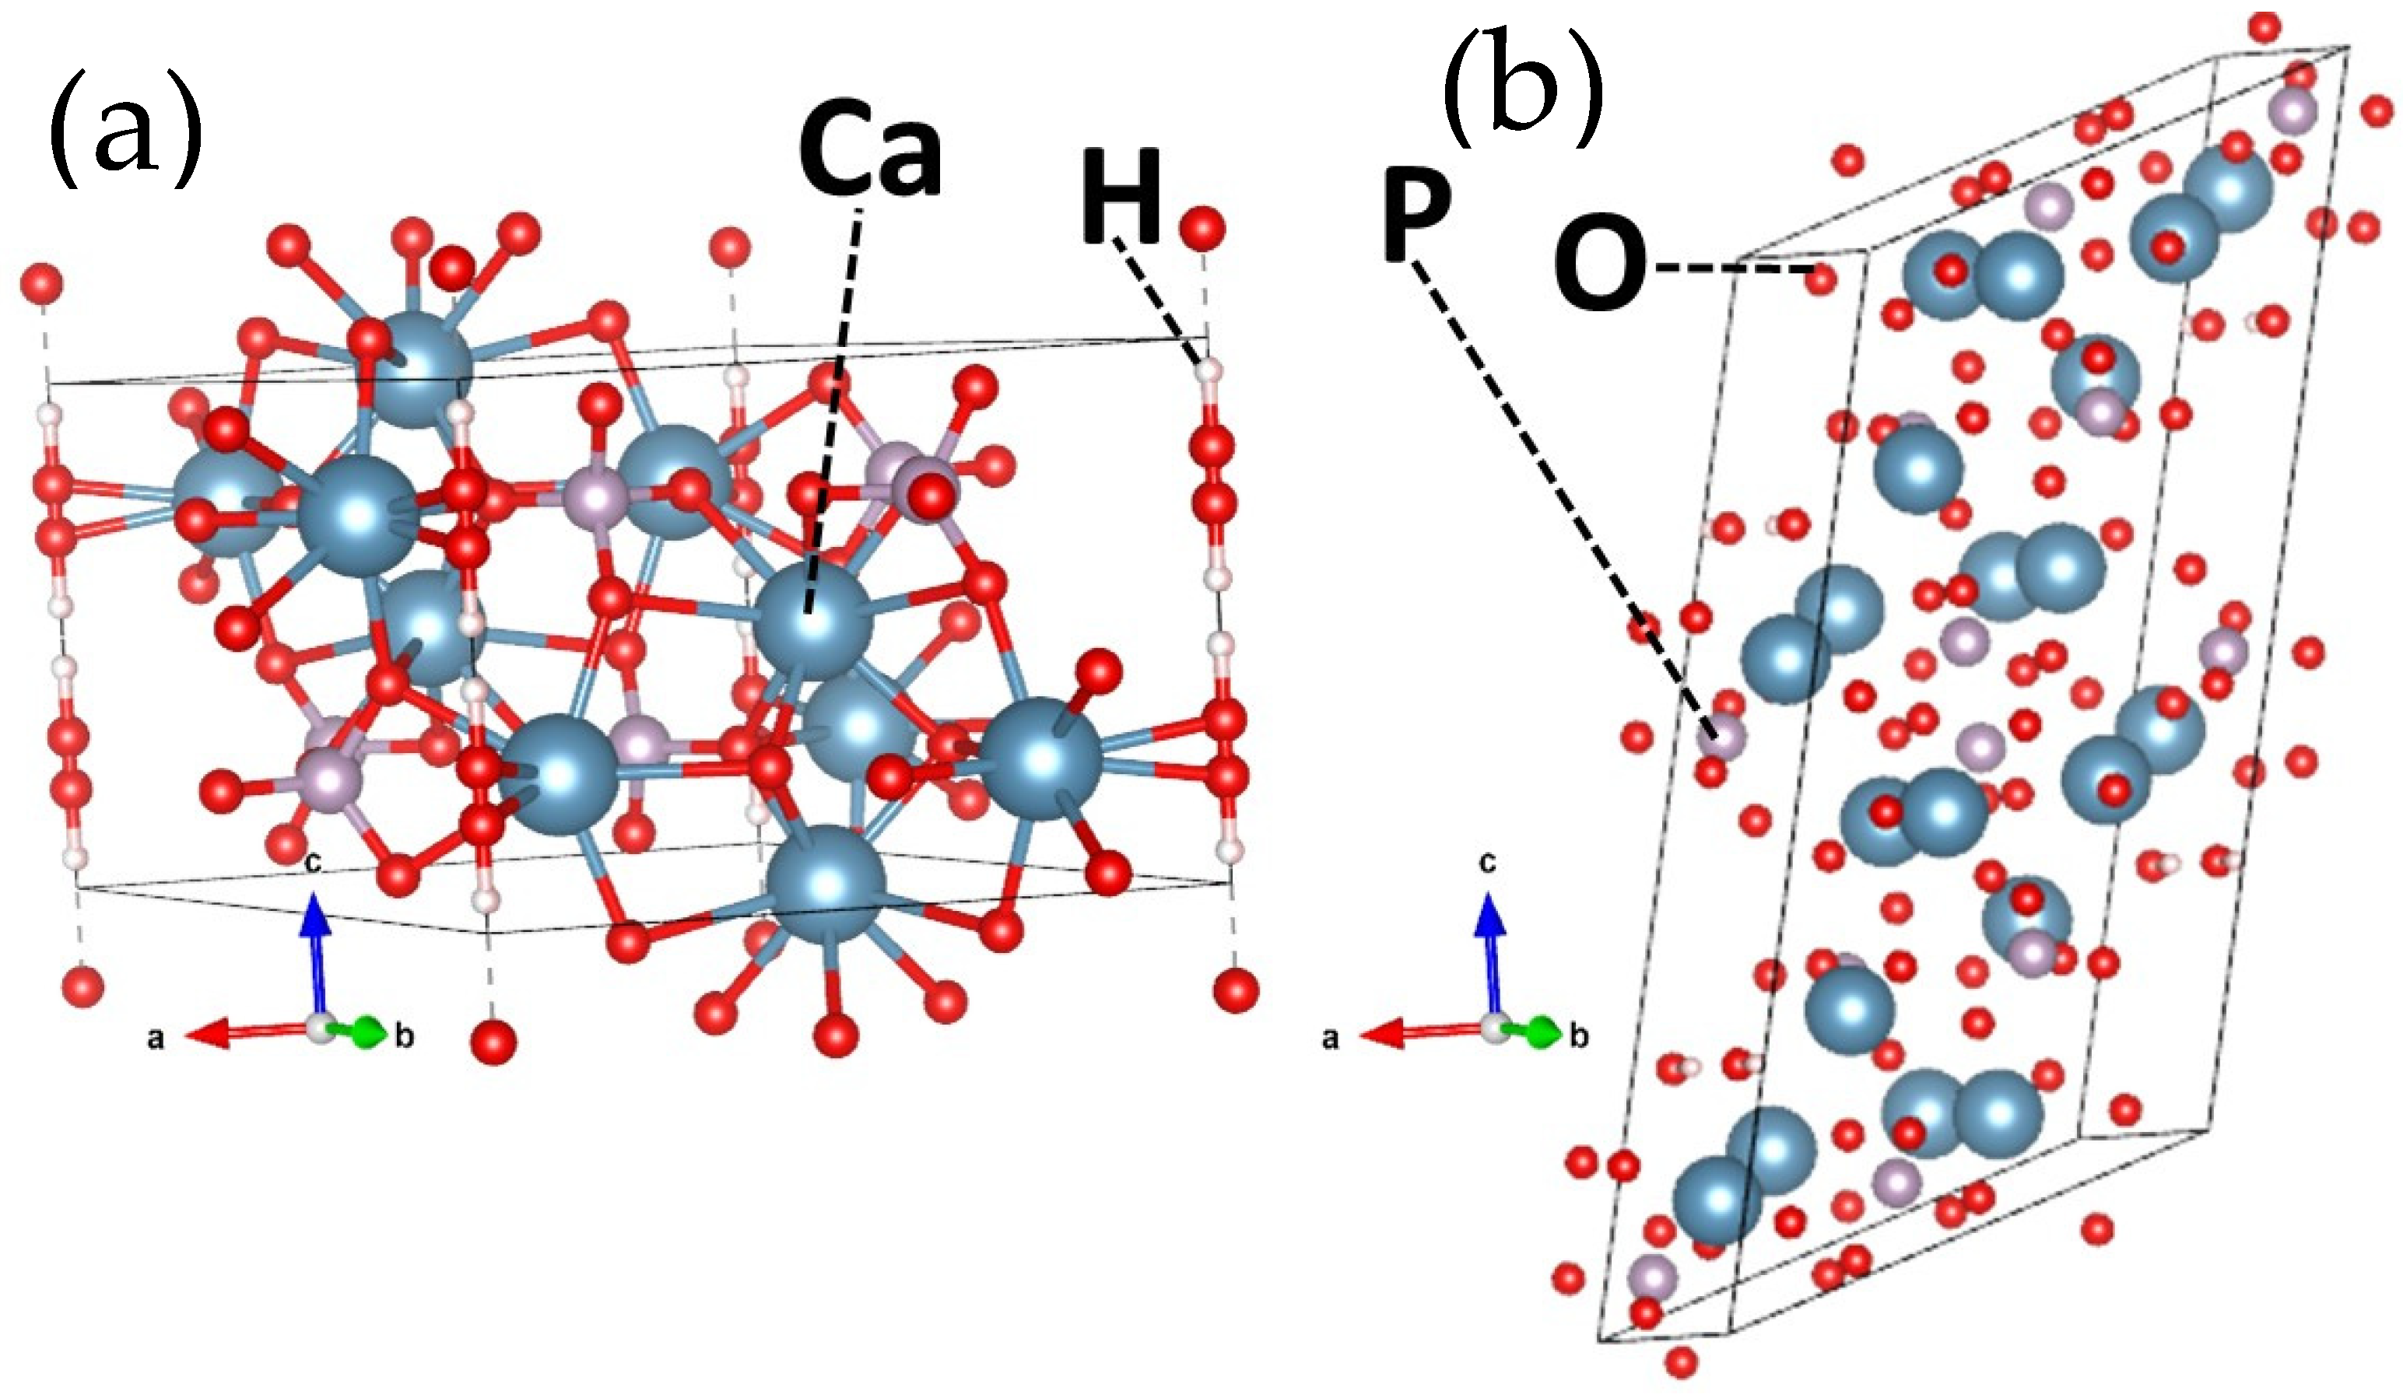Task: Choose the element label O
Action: [1600, 269]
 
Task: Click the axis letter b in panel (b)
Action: [1580, 1036]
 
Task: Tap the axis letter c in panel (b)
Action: [1488, 863]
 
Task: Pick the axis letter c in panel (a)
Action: [313, 863]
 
